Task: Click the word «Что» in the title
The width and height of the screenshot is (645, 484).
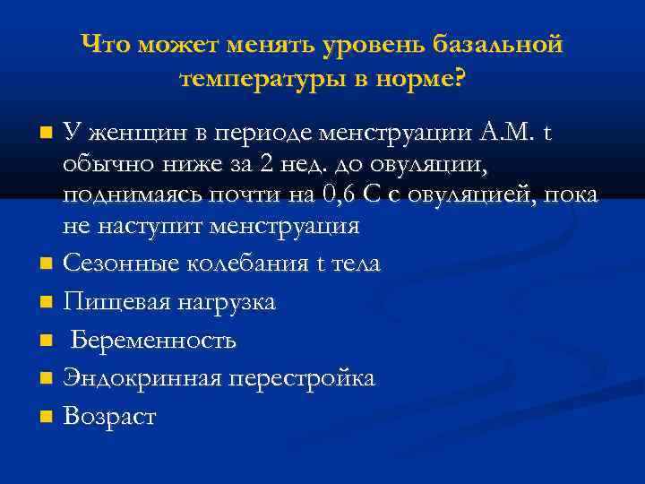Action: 107,44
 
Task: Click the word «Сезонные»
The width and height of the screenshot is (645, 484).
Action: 116,264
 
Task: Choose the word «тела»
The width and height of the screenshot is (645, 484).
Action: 356,264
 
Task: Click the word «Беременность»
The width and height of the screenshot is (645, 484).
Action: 153,341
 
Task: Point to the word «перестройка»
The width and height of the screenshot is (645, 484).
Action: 301,379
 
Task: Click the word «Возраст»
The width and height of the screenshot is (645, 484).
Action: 109,417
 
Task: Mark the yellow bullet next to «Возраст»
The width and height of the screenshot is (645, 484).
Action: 46,418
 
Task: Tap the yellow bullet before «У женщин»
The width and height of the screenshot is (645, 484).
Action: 46,135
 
